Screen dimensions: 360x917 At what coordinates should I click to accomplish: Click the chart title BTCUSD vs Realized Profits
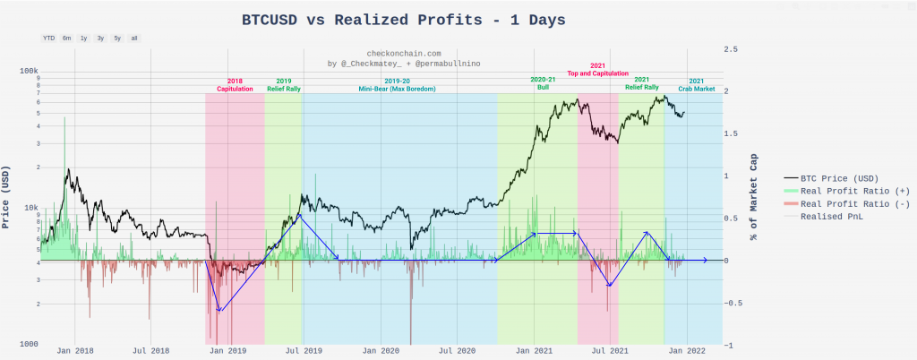[404, 19]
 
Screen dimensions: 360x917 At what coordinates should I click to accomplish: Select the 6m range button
[67, 39]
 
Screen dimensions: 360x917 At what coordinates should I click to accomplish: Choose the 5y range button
[117, 39]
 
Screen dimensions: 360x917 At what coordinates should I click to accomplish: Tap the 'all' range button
[134, 39]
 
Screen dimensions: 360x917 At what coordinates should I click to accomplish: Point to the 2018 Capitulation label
[235, 84]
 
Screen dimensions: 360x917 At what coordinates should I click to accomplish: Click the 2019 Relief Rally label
[284, 84]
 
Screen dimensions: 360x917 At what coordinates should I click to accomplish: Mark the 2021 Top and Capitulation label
[598, 70]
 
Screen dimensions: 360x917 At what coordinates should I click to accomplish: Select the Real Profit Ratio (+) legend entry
[844, 191]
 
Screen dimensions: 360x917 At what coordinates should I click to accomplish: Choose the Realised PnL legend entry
[834, 216]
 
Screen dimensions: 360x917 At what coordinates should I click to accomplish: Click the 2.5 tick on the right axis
[731, 48]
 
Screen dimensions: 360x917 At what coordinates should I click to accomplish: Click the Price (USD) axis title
[9, 198]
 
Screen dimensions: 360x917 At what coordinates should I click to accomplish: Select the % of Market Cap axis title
[754, 197]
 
